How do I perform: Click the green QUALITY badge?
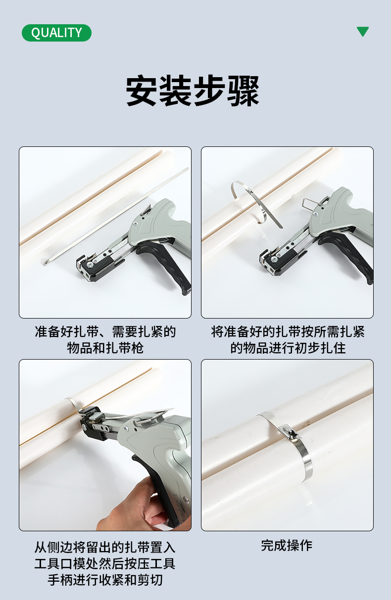56,33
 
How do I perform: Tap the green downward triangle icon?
363,31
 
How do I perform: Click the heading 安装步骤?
193,91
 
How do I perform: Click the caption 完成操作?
287,546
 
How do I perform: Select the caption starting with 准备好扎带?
105,340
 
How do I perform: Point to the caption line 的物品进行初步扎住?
288,348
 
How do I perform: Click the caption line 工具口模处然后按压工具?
105,563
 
